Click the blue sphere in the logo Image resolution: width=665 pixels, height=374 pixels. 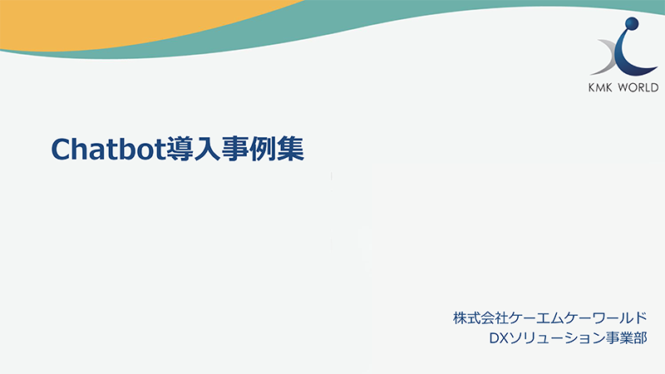pyautogui.click(x=633, y=24)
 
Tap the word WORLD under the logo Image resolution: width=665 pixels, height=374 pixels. pyautogui.click(x=643, y=87)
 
